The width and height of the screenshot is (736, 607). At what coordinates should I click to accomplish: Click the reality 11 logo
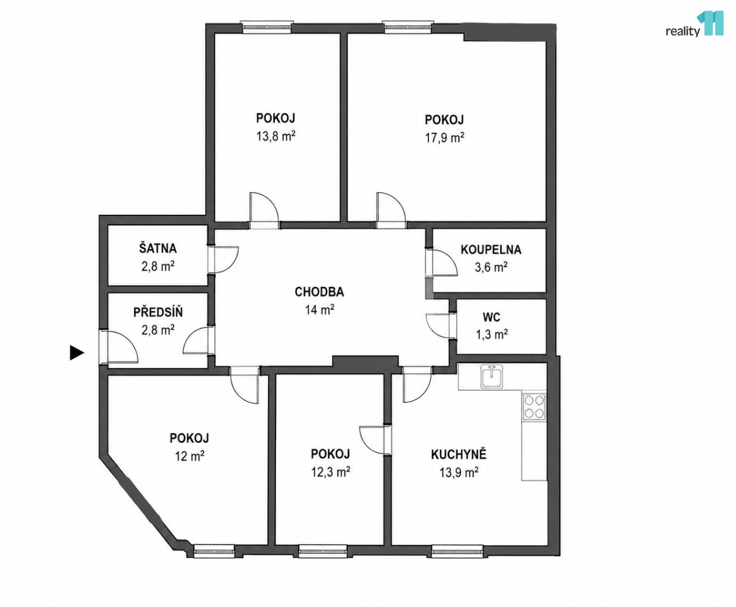coord(694,24)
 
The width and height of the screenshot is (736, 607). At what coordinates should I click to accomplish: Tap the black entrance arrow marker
coord(77,353)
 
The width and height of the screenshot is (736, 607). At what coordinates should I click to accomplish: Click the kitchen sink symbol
coord(492,376)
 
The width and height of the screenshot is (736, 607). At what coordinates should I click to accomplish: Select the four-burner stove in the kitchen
coord(534,407)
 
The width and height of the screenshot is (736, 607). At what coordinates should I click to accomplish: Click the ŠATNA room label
coord(157,248)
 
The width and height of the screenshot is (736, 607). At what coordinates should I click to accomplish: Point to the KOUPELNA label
coord(491,250)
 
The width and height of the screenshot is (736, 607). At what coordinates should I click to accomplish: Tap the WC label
coord(491,318)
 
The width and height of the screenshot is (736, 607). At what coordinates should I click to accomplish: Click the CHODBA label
coord(319,292)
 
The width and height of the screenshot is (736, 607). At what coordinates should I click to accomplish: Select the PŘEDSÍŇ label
coord(158,312)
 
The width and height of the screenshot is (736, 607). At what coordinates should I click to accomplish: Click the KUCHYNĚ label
coord(459,455)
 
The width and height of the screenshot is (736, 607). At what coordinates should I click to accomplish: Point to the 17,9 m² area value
coord(444,137)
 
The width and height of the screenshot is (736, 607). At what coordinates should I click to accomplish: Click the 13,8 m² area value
coord(276,135)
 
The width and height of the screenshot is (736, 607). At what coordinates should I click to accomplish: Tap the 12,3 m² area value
coord(330,472)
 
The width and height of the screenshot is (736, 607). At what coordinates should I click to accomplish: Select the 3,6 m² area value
coord(491,267)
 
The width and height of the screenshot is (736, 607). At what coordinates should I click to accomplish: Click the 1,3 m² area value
coord(492,334)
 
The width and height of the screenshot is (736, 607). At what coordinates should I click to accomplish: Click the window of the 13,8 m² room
coord(267,27)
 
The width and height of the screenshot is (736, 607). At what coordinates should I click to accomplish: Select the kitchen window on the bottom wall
coord(457,551)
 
